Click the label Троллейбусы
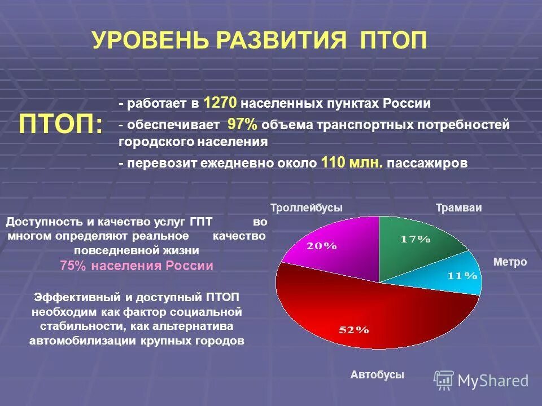pos(307,208)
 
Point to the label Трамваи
pos(458,208)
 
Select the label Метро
pos(510,262)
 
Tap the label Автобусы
pos(377,374)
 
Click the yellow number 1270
pos(223,103)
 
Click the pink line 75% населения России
pos(137,266)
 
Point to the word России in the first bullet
pos(406,104)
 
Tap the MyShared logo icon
pos(444,381)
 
